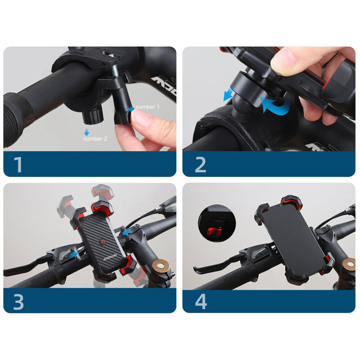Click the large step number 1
pyautogui.click(x=18, y=165)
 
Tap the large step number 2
pyautogui.click(x=200, y=165)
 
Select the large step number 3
pyautogui.click(x=18, y=301)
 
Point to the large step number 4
pyautogui.click(x=201, y=301)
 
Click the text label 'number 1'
pyautogui.click(x=147, y=107)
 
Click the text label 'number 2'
pyautogui.click(x=95, y=139)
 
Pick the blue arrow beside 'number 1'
pyautogui.click(x=130, y=108)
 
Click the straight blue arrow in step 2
pyautogui.click(x=229, y=95)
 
